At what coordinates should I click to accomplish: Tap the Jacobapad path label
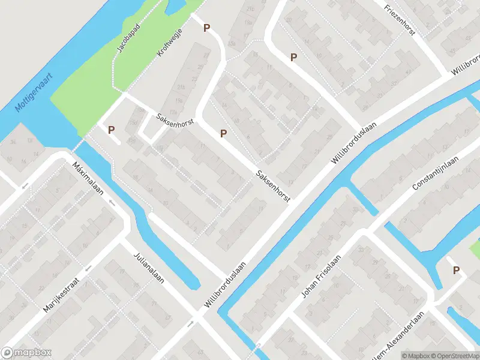tap(128, 39)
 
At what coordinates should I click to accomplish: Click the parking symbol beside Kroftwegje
tap(207, 28)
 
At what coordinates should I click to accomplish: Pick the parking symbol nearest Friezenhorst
tap(294, 58)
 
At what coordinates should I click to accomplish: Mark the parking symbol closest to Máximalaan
tap(111, 129)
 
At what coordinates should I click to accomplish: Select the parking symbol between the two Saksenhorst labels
tap(224, 133)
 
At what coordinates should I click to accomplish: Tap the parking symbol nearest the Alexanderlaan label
tap(456, 271)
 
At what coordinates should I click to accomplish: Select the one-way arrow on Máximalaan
tap(112, 202)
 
